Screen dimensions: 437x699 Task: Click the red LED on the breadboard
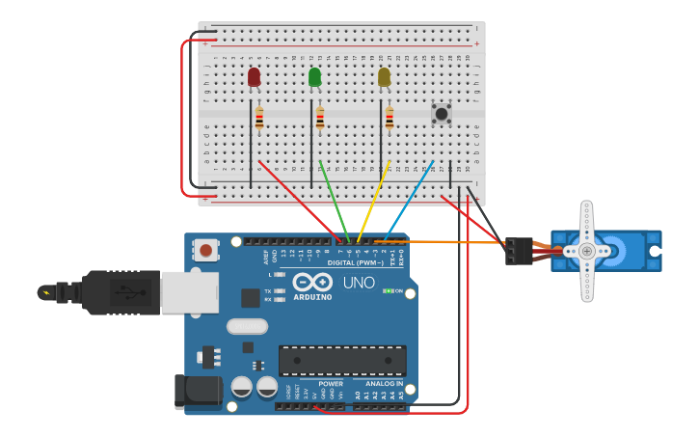pos(254,77)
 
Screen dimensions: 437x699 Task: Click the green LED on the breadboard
pos(314,77)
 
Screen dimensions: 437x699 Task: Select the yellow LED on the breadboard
pos(384,77)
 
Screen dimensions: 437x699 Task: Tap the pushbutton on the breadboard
pos(442,114)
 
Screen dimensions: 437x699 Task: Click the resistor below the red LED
pos(259,119)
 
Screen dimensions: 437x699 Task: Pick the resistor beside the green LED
pos(320,119)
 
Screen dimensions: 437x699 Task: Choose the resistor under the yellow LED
pos(390,119)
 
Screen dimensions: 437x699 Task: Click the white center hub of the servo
pos(586,251)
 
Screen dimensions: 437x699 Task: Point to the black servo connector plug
pos(518,251)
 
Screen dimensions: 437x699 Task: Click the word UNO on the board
pos(359,283)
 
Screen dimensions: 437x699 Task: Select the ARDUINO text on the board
pos(313,297)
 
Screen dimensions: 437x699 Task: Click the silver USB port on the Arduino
pos(189,292)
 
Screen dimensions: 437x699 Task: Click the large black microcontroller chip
pos(342,360)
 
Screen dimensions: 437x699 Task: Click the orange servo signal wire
pos(453,241)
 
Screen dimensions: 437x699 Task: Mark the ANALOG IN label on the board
pos(385,383)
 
